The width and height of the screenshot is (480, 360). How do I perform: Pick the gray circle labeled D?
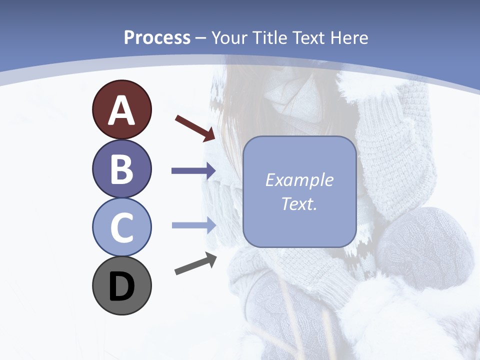coord(121,285)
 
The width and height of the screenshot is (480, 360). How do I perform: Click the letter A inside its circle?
coord(121,110)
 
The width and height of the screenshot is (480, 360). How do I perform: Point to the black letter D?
coord(121,286)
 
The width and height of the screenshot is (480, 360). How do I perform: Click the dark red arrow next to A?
coord(195,128)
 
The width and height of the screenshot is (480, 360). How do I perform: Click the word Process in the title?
coord(157,38)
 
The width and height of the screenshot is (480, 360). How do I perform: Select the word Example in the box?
coord(299,180)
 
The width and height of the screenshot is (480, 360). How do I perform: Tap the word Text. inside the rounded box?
coord(299,203)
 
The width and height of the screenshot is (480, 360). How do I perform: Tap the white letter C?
coord(121,227)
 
